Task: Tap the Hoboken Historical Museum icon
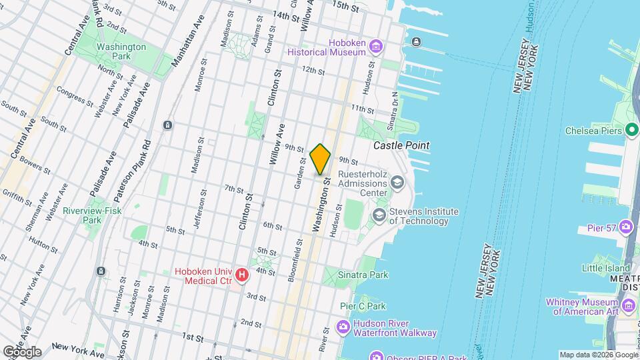click(377, 46)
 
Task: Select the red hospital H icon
click(242, 275)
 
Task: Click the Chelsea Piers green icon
click(633, 131)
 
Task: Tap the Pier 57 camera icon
click(626, 227)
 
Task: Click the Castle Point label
click(401, 145)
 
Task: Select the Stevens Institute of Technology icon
click(379, 215)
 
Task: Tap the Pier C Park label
click(363, 307)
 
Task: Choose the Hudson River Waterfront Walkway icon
click(343, 327)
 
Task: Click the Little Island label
click(605, 268)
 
